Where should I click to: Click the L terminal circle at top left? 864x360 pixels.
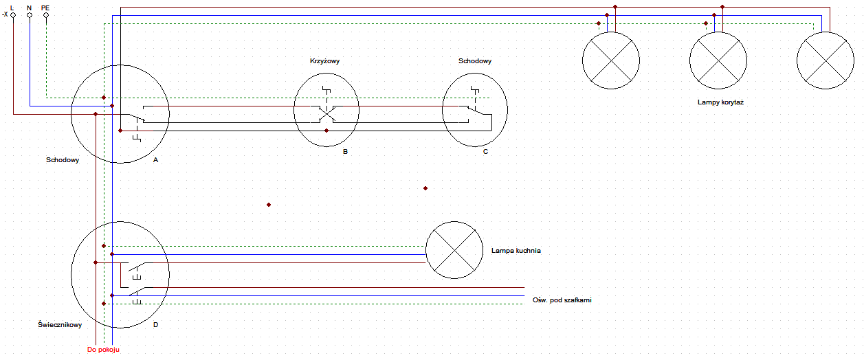[13, 15]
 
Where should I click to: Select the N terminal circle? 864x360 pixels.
[30, 15]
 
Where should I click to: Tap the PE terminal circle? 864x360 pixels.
[46, 15]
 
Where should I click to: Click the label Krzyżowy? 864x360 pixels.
[324, 61]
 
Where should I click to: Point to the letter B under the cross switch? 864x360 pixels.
[345, 152]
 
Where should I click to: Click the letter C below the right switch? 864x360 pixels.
[486, 152]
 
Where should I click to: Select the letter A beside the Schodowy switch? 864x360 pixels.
[155, 160]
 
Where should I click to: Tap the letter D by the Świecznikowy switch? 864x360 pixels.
[155, 325]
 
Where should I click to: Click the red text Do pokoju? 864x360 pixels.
[103, 350]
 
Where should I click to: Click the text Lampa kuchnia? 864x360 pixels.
[516, 251]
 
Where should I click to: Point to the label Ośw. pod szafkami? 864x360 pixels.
[562, 300]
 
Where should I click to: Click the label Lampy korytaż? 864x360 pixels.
[720, 102]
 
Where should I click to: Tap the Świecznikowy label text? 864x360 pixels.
[60, 325]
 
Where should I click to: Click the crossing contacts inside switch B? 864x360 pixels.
[326, 114]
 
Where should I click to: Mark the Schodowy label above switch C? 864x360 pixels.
[475, 61]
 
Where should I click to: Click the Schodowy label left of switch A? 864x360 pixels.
[63, 160]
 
